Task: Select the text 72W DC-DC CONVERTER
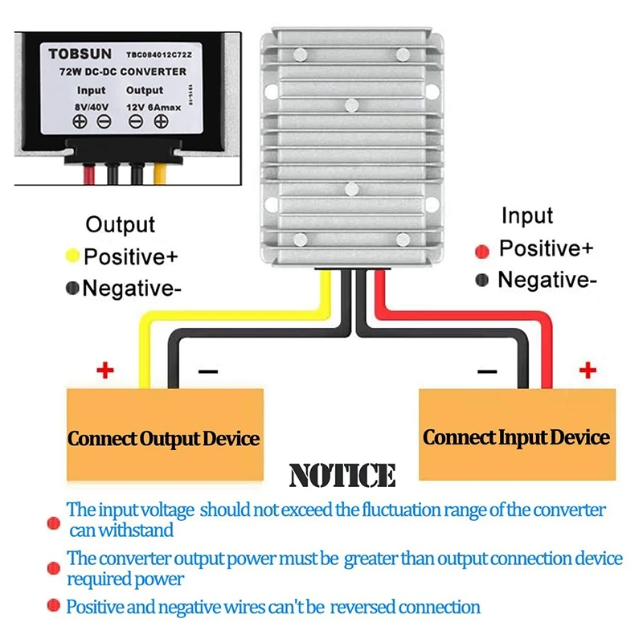click(x=123, y=72)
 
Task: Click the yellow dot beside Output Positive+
click(x=72, y=256)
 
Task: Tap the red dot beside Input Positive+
click(x=482, y=251)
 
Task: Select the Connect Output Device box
click(x=164, y=439)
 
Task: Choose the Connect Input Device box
click(x=517, y=437)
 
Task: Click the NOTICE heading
click(x=342, y=475)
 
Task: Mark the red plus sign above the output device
click(x=104, y=371)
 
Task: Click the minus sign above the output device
click(x=207, y=371)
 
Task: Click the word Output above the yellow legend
click(x=120, y=225)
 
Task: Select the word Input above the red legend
click(x=527, y=215)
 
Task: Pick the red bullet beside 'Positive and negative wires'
click(x=54, y=606)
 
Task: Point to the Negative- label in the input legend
click(x=547, y=280)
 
